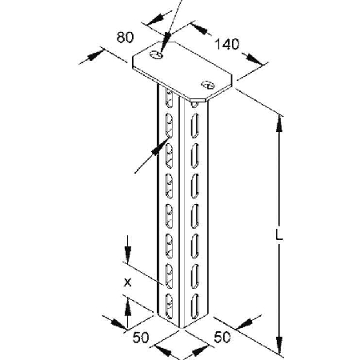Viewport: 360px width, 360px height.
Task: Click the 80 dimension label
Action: coord(125,38)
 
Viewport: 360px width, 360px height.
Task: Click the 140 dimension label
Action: coord(227,44)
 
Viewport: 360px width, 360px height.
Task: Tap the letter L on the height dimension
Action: coord(279,236)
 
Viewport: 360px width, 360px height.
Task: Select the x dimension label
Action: coord(128,282)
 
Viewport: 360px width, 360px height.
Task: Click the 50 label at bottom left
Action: coord(141,338)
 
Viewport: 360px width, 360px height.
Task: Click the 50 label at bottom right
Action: coord(222,337)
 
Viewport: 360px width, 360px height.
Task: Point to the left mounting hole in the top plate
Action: coord(157,54)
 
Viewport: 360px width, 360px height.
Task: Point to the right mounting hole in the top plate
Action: coord(208,85)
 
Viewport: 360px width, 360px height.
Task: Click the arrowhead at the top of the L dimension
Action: coord(279,124)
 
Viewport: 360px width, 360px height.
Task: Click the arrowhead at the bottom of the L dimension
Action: coord(279,345)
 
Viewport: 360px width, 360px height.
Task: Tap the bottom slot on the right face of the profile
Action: coord(195,306)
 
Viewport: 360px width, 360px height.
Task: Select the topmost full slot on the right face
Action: coord(195,126)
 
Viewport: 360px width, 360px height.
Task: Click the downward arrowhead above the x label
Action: coord(128,255)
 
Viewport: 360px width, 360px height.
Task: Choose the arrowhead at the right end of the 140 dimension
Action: coord(254,59)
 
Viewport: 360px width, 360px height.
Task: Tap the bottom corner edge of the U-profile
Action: coord(180,327)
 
